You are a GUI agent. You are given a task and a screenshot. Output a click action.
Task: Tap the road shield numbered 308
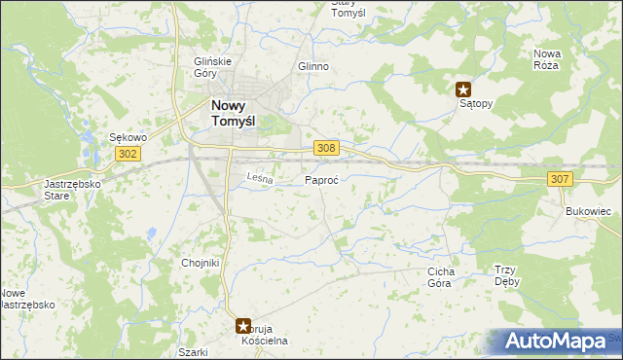327,147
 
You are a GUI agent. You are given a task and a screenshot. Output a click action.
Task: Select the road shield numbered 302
128,154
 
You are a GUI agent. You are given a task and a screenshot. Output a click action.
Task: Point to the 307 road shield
559,178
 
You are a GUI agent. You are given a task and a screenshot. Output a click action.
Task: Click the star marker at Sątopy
464,89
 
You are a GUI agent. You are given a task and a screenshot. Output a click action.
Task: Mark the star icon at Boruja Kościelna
243,327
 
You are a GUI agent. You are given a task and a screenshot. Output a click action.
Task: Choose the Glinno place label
313,67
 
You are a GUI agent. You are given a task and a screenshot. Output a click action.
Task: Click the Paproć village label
321,181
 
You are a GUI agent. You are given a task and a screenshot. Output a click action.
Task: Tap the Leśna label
260,178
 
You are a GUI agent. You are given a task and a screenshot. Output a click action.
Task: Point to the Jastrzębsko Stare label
65,189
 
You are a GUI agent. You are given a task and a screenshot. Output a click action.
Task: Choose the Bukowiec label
587,210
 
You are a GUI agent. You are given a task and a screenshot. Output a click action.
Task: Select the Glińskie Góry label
212,66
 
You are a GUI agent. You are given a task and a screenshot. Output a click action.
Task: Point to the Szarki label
194,352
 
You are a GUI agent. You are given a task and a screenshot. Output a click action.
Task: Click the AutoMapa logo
556,341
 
